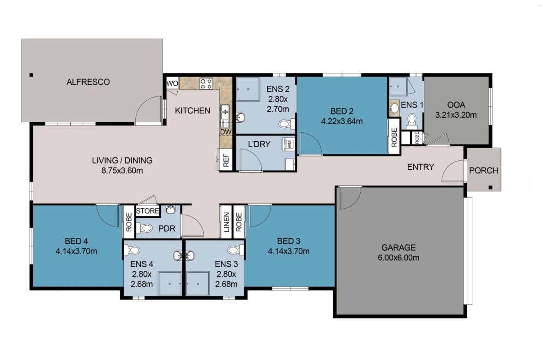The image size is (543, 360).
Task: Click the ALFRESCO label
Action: coord(88,82)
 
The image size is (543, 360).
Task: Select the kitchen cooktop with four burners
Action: coord(206,84)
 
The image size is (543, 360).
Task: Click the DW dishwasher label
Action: coord(225,132)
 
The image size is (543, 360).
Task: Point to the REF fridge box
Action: coord(226,160)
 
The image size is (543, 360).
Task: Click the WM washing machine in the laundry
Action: coord(290,144)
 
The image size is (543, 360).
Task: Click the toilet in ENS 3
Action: coord(233,250)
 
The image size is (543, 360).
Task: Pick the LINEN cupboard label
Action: coord(226,222)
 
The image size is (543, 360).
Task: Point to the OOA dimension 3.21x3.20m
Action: coord(456,115)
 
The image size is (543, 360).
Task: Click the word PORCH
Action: coord(483,170)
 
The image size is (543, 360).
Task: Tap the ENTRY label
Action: coord(420,167)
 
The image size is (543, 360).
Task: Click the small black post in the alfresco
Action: coord(31,75)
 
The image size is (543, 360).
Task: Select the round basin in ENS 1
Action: coord(394,108)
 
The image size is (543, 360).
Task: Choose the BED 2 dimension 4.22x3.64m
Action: coord(342,122)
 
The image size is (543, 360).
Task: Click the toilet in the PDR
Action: coord(146,228)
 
